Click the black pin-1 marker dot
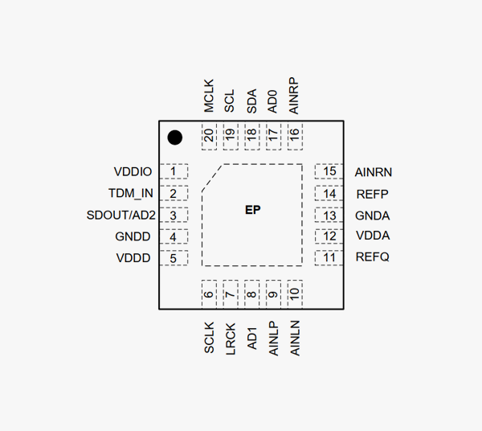(x=174, y=138)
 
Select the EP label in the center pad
(x=252, y=210)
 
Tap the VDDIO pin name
(x=133, y=172)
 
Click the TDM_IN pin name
(x=130, y=194)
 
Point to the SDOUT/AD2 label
(x=120, y=215)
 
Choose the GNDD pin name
(x=133, y=237)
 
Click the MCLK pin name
(x=209, y=95)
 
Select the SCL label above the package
(x=231, y=100)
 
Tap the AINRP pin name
(x=294, y=95)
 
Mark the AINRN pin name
(x=374, y=172)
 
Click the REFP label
(x=372, y=194)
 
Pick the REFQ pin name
(x=373, y=258)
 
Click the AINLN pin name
(x=295, y=339)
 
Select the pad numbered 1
(x=174, y=171)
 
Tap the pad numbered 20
(x=210, y=137)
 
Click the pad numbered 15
(x=329, y=171)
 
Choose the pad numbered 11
(x=329, y=258)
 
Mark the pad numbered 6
(x=210, y=293)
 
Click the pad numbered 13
(x=329, y=215)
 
